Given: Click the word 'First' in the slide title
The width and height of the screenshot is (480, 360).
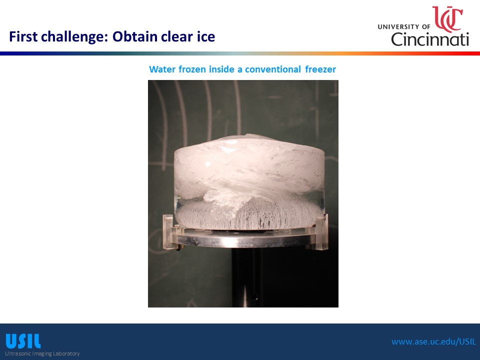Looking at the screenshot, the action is (23, 36).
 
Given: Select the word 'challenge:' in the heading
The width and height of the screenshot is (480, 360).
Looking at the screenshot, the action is (75, 37).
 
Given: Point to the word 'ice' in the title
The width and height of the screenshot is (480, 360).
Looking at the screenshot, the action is (205, 36).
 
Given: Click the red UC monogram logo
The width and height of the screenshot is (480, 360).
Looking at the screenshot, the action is (447, 19).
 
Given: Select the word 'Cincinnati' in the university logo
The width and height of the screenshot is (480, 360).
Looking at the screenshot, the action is (430, 39).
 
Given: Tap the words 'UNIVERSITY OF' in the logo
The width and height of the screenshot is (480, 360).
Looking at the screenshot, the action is (404, 26).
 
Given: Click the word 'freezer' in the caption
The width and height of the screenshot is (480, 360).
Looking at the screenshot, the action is (320, 69).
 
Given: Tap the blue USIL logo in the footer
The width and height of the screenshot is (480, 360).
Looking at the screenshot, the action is (23, 341).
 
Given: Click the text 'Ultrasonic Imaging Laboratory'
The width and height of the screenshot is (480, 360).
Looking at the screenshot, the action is (42, 353).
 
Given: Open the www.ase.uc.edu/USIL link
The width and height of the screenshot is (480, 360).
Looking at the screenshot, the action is (434, 341).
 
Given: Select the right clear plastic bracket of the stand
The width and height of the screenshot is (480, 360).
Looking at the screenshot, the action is (321, 231).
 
